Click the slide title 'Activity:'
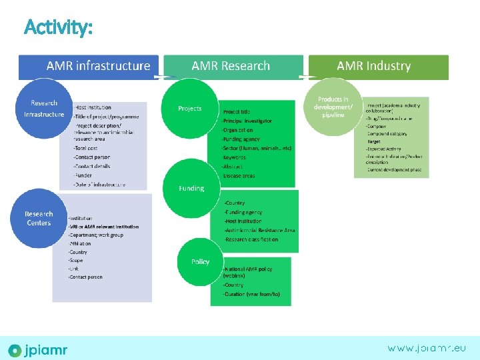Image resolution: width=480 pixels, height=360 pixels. coord(58,27)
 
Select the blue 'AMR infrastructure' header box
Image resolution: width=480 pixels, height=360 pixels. coord(89,67)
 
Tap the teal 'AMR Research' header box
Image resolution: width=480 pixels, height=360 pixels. coord(231,67)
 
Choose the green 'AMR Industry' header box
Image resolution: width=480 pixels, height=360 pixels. coord(374,67)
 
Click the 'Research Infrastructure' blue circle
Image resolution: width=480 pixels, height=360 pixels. coord(44,109)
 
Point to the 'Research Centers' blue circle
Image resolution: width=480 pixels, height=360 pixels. coord(39,219)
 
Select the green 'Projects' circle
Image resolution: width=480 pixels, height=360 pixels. coord(190,109)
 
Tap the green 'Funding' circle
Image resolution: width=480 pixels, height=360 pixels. coord(191,189)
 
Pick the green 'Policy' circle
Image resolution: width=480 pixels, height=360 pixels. coord(200,261)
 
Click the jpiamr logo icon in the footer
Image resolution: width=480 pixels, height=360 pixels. coord(15,350)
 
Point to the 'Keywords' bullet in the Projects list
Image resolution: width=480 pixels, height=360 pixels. coord(234,157)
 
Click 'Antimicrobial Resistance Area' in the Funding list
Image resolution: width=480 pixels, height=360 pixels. coord(261,230)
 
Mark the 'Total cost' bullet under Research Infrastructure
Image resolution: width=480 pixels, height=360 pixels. coord(86,148)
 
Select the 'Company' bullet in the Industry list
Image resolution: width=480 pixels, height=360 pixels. coord(377,125)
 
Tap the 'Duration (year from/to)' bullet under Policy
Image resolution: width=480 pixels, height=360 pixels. coord(252,294)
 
